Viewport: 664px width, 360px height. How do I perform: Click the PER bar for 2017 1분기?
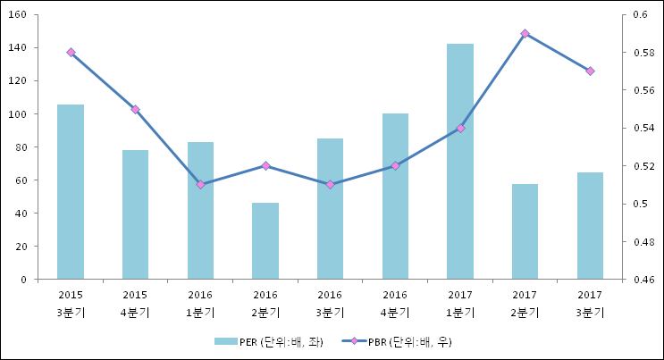(x=460, y=162)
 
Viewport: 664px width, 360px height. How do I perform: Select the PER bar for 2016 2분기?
(x=265, y=241)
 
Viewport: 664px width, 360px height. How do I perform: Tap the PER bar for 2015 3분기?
(x=71, y=192)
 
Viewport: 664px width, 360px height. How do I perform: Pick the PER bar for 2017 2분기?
(x=525, y=231)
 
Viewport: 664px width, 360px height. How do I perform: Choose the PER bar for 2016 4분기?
(x=395, y=197)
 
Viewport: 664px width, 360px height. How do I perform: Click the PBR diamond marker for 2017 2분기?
(x=525, y=33)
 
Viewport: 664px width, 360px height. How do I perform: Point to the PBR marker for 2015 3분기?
(x=71, y=52)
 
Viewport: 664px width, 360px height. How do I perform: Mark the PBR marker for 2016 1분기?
(x=201, y=185)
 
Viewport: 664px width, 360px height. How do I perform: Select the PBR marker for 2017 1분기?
(x=460, y=128)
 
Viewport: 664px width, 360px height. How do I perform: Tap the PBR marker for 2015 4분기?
(x=136, y=109)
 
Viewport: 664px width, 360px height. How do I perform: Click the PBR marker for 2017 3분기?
(x=590, y=71)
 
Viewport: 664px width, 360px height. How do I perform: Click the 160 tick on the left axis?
(x=17, y=14)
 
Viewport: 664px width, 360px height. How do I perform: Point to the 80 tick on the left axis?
(x=21, y=147)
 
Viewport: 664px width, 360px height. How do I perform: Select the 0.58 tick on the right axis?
(x=644, y=53)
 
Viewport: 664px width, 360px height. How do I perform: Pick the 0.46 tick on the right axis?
(x=644, y=280)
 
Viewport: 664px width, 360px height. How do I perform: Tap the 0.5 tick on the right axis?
(x=641, y=204)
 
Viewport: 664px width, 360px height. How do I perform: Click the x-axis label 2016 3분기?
(x=331, y=304)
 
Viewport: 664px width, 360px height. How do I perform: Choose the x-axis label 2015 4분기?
(x=135, y=304)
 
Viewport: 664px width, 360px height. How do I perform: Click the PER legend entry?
(x=268, y=341)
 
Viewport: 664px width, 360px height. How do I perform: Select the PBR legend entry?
(x=397, y=341)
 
